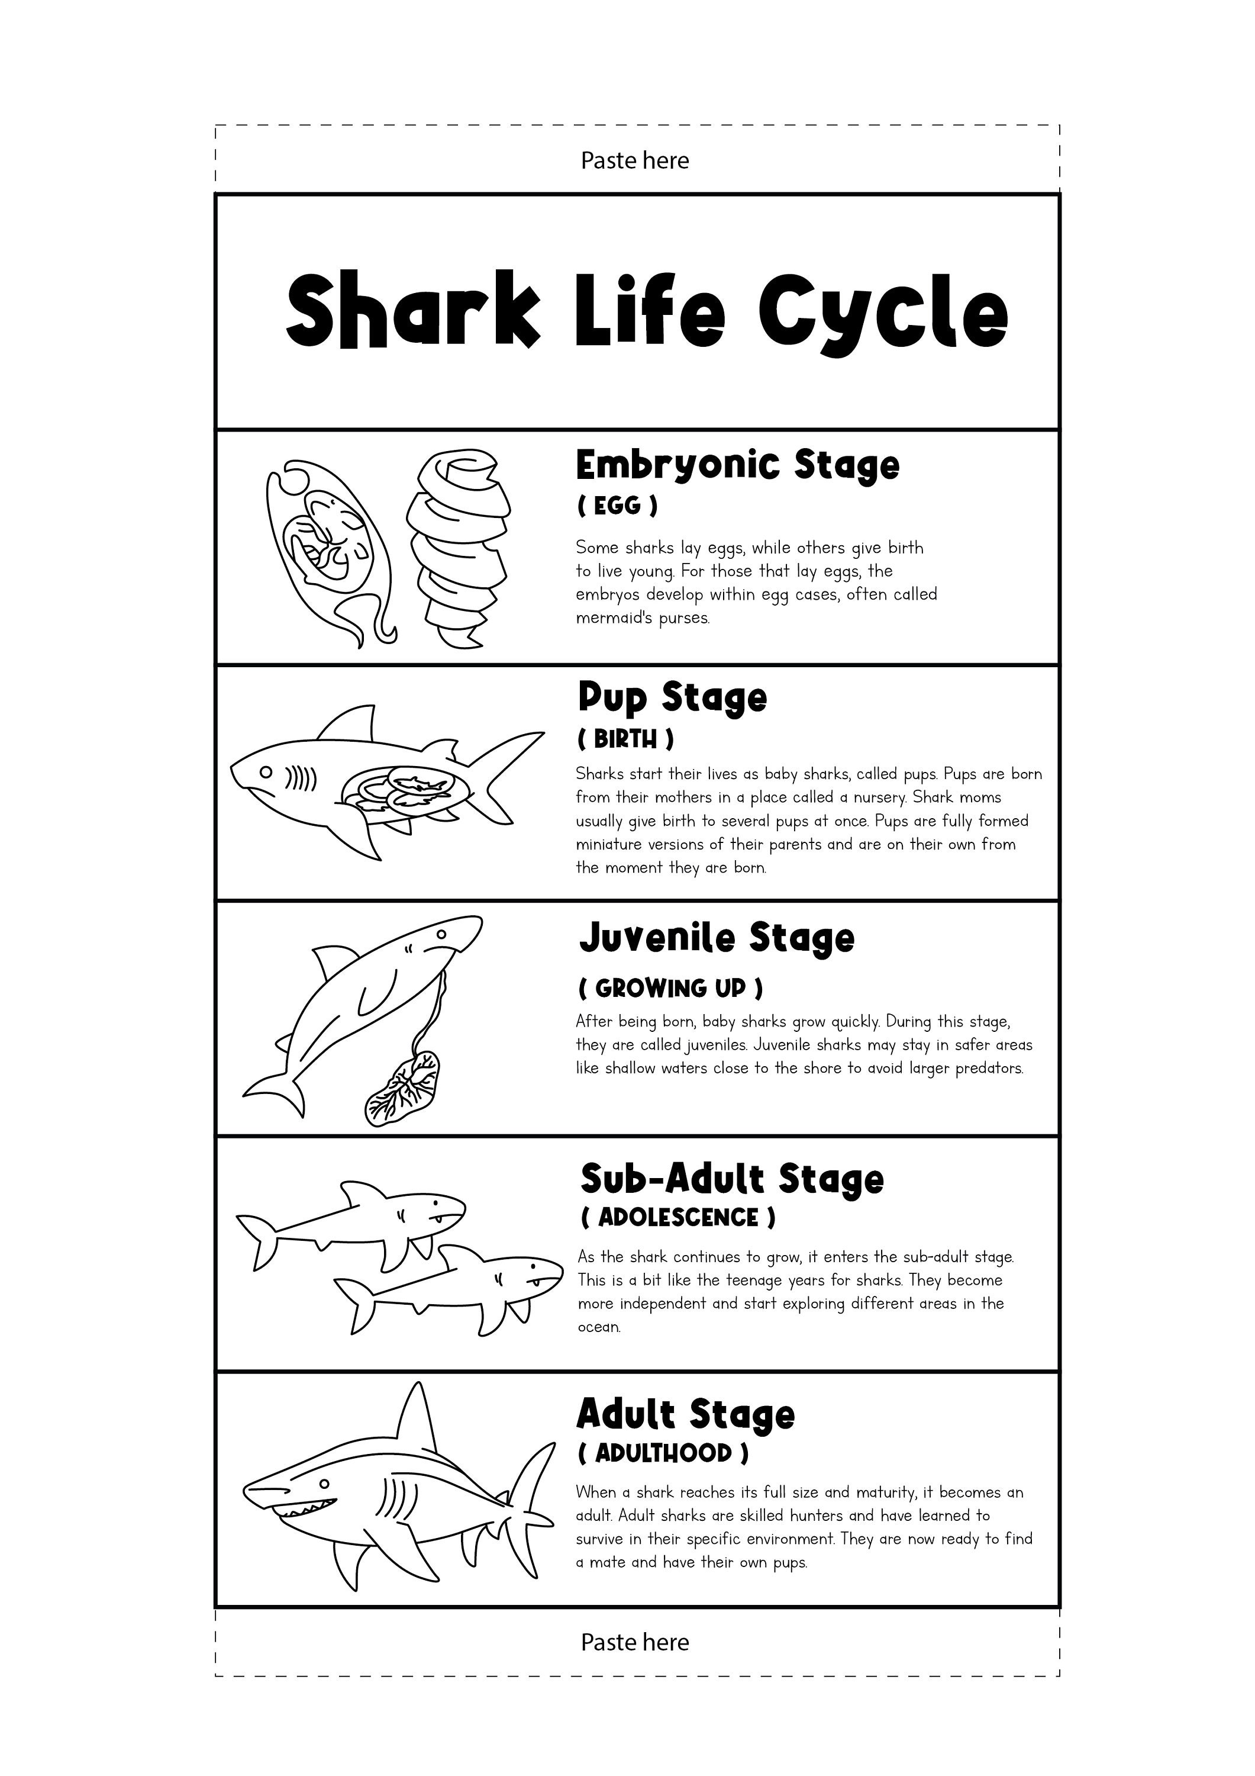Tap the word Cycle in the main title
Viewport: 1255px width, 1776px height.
(x=883, y=313)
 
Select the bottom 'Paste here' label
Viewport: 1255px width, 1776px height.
(x=634, y=1642)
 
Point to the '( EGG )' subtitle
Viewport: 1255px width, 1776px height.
(x=617, y=506)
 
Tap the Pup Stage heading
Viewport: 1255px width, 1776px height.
(x=672, y=698)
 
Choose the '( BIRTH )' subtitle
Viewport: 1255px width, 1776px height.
(x=625, y=739)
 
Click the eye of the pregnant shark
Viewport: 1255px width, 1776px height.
(x=265, y=772)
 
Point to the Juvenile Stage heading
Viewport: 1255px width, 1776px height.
(x=717, y=938)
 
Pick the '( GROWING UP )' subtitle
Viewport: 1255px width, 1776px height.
(x=670, y=988)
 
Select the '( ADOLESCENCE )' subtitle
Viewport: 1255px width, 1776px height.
(x=677, y=1218)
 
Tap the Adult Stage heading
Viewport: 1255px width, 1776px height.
(x=685, y=1414)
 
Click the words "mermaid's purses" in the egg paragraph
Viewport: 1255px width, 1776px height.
(x=642, y=618)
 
